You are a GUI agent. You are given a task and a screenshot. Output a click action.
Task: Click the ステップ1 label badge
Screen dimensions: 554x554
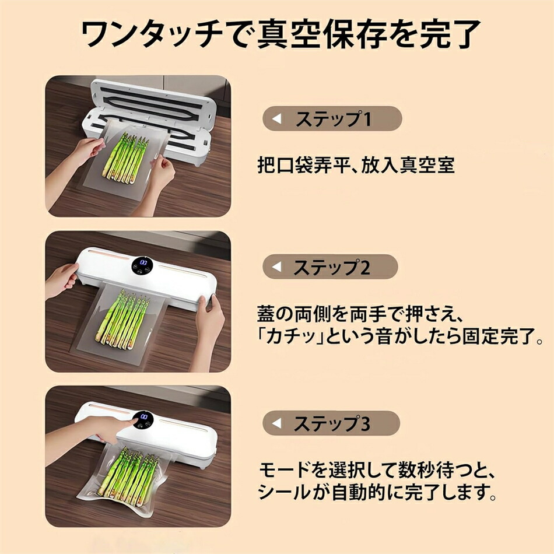[x=332, y=118]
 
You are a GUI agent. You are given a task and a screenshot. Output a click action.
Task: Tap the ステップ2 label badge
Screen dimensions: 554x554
[x=330, y=267]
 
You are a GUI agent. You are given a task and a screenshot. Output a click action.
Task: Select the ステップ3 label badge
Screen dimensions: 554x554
[x=331, y=423]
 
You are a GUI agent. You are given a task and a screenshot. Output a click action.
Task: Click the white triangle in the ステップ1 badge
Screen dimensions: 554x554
[x=276, y=118]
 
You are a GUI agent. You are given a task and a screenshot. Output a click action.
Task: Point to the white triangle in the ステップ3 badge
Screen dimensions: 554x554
[x=276, y=423]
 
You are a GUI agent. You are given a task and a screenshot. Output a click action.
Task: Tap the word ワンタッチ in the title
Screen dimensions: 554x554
[x=152, y=34]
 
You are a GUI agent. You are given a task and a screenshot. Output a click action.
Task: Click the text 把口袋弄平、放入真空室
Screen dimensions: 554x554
[x=356, y=165]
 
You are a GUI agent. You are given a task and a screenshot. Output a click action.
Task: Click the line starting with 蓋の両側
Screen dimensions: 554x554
[x=360, y=314]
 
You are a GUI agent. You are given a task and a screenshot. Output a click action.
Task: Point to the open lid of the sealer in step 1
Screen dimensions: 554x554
[x=153, y=99]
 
